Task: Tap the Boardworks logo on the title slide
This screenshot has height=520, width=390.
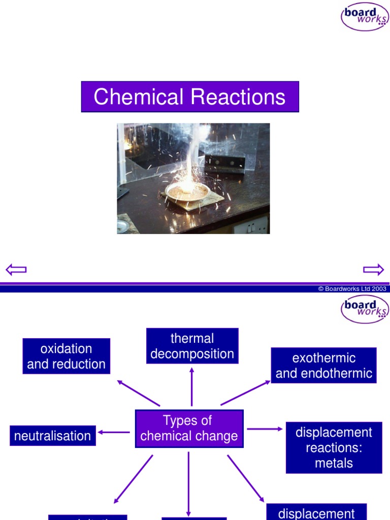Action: click(x=365, y=16)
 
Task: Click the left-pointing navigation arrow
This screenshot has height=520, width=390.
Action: click(x=16, y=269)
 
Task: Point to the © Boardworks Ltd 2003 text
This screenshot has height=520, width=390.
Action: click(x=352, y=288)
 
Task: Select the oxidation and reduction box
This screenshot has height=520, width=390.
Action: click(x=67, y=356)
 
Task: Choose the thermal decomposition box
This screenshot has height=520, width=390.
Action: click(x=192, y=346)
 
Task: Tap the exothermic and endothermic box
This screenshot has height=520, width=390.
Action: click(x=323, y=366)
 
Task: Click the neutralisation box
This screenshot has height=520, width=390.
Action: click(x=53, y=436)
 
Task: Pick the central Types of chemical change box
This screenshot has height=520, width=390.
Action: click(x=189, y=429)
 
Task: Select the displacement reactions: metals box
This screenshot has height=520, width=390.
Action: click(x=334, y=447)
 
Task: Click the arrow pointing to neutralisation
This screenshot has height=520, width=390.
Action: click(x=114, y=432)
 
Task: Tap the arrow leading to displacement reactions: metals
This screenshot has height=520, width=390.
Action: click(x=265, y=429)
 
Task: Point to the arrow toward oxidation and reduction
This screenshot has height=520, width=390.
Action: click(x=138, y=393)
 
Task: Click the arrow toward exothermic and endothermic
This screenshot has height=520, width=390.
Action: click(x=246, y=393)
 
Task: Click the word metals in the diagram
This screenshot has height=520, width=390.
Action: click(x=334, y=463)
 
